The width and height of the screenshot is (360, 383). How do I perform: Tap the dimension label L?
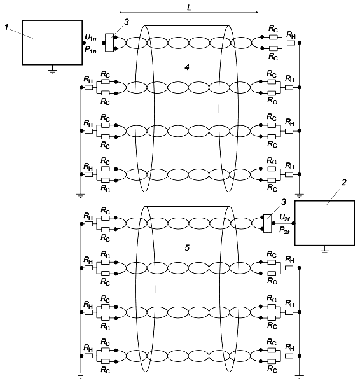pos(189,8)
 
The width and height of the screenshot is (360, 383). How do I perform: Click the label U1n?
pos(90,38)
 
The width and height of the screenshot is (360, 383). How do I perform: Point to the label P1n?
pos(90,50)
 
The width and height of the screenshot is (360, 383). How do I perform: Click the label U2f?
pos(284,218)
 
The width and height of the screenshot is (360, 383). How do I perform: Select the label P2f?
pos(284,230)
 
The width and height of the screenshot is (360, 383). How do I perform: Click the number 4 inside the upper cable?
pos(187,67)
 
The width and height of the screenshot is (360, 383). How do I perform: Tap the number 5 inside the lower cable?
pos(187,248)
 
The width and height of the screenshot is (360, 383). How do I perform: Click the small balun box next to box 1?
pos(109,43)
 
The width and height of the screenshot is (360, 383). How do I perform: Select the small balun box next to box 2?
pos(268,223)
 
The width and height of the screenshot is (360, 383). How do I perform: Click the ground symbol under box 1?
pos(52,71)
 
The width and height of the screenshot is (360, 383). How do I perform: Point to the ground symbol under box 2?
pos(324,252)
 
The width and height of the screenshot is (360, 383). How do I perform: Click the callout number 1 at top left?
pos(6,27)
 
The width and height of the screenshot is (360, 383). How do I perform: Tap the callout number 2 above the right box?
pos(344,182)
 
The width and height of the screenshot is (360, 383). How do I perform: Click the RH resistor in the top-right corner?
pos(291,43)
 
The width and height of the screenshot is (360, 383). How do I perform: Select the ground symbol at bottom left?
pos(81,375)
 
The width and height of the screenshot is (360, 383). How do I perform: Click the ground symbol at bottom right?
pos(300,377)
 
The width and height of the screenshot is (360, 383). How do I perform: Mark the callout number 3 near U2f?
pos(284,202)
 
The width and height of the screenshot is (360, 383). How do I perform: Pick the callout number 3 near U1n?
pos(127,22)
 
